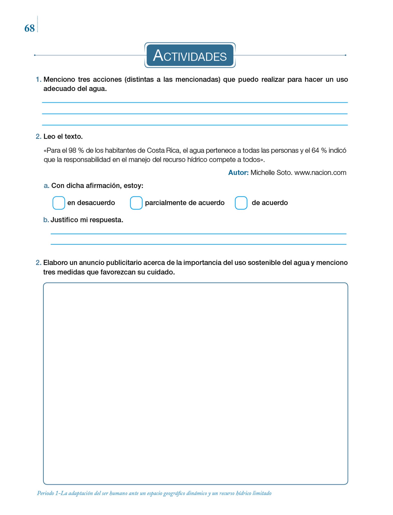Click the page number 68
click(29, 28)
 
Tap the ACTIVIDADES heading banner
click(190, 55)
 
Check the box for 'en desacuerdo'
click(59, 203)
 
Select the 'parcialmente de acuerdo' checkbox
click(136, 203)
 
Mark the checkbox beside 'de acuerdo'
click(241, 203)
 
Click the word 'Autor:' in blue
click(238, 173)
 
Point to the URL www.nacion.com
click(320, 173)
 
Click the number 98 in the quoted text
click(72, 150)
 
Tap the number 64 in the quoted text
click(315, 150)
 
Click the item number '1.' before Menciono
click(38, 79)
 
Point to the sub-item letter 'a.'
click(46, 186)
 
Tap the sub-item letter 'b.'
click(46, 220)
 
